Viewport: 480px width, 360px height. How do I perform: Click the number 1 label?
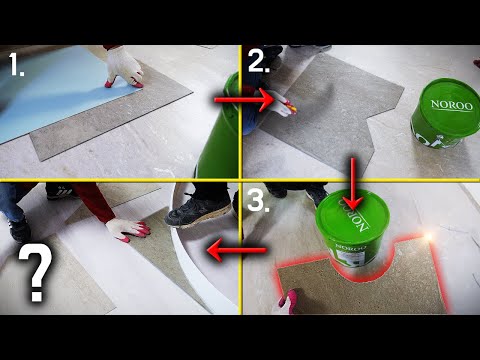pos(16,65)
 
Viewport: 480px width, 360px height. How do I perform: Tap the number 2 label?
pos(259,61)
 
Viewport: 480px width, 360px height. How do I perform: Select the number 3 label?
pos(258,200)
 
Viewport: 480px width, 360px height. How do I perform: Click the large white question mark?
pos(36,272)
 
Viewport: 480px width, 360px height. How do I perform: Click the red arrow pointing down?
pos(353,184)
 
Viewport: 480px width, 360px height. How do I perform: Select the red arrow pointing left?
pos(237,250)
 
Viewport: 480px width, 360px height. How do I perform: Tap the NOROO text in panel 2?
pos(452,105)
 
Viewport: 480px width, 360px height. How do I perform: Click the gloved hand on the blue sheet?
pos(124,68)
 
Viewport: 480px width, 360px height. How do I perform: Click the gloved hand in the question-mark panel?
pos(128,229)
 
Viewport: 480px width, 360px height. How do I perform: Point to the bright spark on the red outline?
pos(428,237)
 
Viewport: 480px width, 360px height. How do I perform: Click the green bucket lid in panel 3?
pos(352,213)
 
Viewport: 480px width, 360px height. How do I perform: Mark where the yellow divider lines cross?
pos(240,180)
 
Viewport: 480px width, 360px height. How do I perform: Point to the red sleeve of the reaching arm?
pos(94,201)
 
